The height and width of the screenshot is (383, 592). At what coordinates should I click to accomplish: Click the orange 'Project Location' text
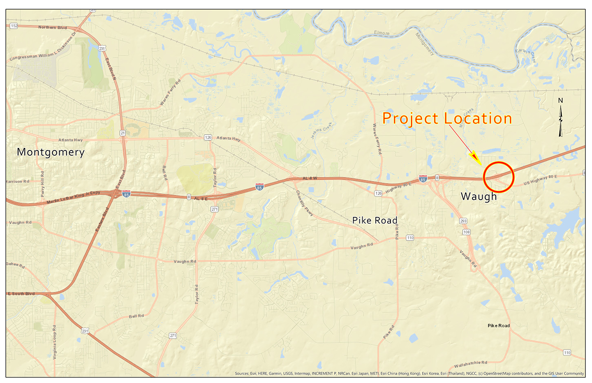[447, 118]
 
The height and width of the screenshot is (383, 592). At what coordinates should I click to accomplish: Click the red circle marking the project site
[499, 177]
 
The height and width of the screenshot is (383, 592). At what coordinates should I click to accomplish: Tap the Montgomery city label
[51, 152]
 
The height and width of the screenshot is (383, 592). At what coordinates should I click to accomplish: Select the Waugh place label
[479, 196]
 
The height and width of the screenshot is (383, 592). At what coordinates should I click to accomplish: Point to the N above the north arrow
[560, 101]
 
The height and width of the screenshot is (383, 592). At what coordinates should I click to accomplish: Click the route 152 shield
[14, 26]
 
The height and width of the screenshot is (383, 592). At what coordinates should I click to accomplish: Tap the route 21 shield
[123, 133]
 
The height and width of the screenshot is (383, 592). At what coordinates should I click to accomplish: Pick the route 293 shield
[463, 221]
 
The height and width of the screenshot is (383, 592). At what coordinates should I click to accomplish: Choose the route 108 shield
[466, 232]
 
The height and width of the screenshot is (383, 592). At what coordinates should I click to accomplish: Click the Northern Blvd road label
[53, 28]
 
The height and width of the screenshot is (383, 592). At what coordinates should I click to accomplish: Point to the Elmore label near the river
[382, 33]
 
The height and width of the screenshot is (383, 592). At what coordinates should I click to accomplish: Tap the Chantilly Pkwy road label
[305, 203]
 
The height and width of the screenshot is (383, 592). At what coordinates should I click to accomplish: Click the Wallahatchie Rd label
[470, 365]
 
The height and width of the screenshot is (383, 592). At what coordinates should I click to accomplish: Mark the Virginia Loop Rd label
[55, 342]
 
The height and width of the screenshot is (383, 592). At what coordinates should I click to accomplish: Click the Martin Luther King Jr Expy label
[73, 198]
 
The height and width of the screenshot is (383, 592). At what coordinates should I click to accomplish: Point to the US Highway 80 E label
[540, 180]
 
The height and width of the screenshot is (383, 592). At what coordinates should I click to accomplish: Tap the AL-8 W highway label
[310, 178]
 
